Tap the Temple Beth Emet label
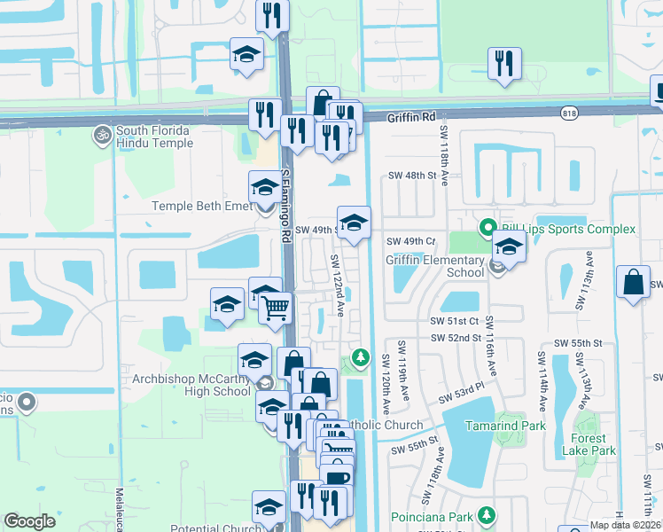[x=203, y=206]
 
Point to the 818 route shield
[x=570, y=113]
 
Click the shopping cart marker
[x=277, y=308]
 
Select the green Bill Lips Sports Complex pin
[x=487, y=229]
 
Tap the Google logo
[x=30, y=521]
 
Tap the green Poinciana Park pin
[x=487, y=515]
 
